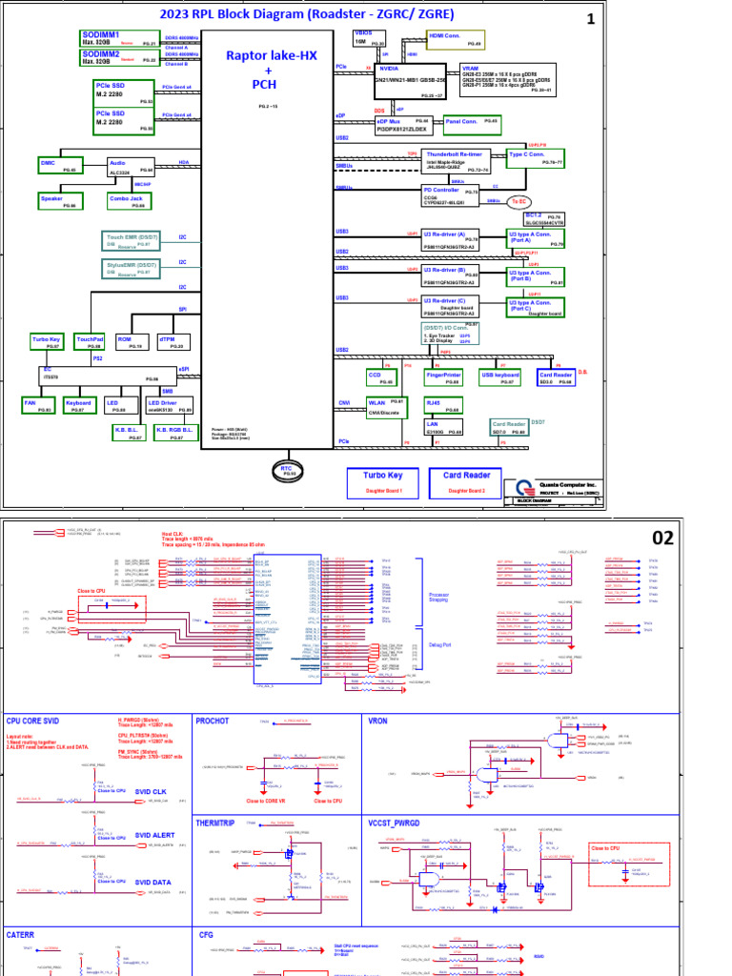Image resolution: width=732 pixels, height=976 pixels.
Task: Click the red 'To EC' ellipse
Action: click(518, 201)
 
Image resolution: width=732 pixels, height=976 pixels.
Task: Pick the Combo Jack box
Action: click(127, 201)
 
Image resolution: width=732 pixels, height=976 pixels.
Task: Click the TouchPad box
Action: click(90, 342)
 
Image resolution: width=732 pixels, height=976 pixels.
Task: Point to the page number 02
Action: click(662, 538)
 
